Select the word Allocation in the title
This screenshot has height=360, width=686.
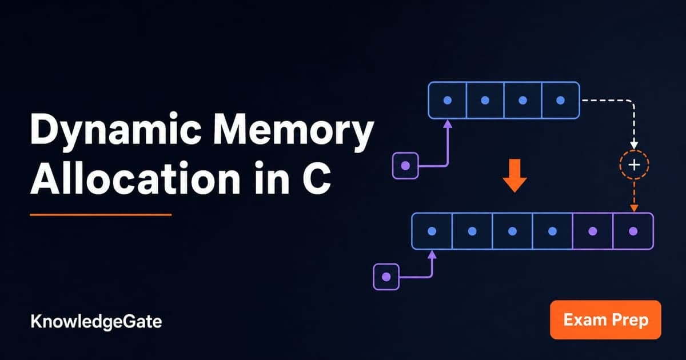click(x=135, y=178)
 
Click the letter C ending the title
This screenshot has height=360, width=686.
click(x=317, y=179)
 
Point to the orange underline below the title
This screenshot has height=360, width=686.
click(x=101, y=215)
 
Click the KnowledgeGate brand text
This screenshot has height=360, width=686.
click(x=96, y=322)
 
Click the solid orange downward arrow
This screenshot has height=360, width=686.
click(x=515, y=175)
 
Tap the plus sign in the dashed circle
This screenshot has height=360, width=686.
click(x=634, y=165)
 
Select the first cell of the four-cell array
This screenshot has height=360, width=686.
click(x=448, y=100)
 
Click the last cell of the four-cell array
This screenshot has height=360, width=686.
click(x=561, y=100)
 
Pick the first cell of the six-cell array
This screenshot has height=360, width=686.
click(x=432, y=231)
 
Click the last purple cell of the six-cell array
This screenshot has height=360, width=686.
click(x=633, y=231)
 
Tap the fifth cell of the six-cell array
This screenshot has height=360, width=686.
click(x=593, y=231)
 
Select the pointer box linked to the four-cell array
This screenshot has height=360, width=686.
click(x=405, y=166)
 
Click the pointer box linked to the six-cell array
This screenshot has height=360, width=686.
click(x=386, y=277)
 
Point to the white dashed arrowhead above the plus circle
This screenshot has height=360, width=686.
click(x=634, y=145)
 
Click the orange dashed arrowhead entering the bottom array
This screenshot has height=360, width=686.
click(x=634, y=208)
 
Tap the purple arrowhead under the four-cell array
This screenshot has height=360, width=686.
click(x=448, y=123)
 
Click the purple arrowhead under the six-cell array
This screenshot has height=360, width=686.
click(x=432, y=255)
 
